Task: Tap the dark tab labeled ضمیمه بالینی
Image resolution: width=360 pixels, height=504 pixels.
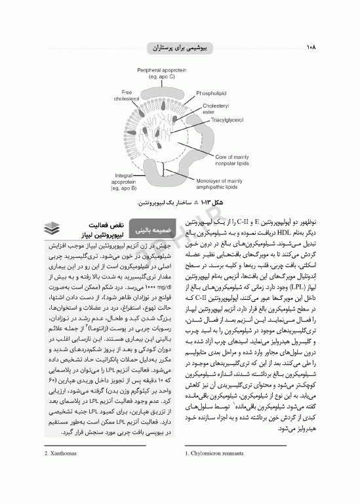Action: pos(151,231)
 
